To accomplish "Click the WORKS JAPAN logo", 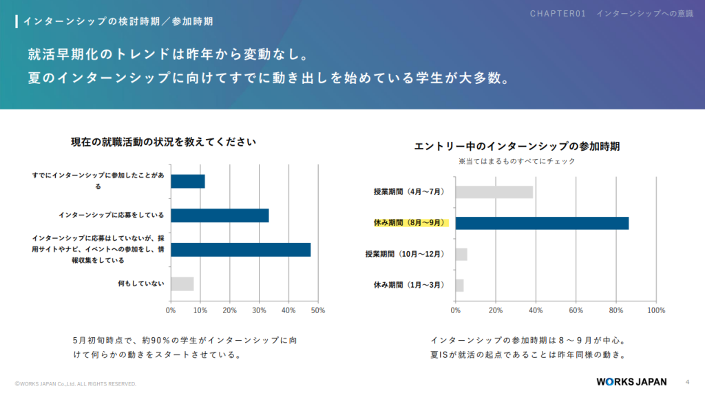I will click(631, 382).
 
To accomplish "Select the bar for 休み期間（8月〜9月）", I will click(542, 223).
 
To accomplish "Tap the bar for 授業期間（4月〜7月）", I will click(494, 192).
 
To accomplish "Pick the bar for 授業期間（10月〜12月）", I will click(461, 254).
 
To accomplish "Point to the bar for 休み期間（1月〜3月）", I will click(460, 285).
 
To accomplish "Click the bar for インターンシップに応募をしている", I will click(220, 215).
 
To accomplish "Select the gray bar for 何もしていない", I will click(182, 284).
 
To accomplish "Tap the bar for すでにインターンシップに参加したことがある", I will click(188, 181).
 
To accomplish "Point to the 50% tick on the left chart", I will click(318, 310).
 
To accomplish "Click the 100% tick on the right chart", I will click(656, 310).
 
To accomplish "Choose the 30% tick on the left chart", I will click(259, 310).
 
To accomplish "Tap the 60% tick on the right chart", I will click(576, 310).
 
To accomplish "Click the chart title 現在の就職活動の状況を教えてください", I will click(164, 142).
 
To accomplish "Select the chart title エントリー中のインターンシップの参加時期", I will click(517, 146).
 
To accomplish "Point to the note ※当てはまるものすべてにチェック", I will click(517, 161).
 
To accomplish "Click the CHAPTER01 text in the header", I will click(558, 14).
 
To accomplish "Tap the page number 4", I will click(687, 382).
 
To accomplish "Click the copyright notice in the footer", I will click(76, 383).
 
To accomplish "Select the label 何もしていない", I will click(141, 284).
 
